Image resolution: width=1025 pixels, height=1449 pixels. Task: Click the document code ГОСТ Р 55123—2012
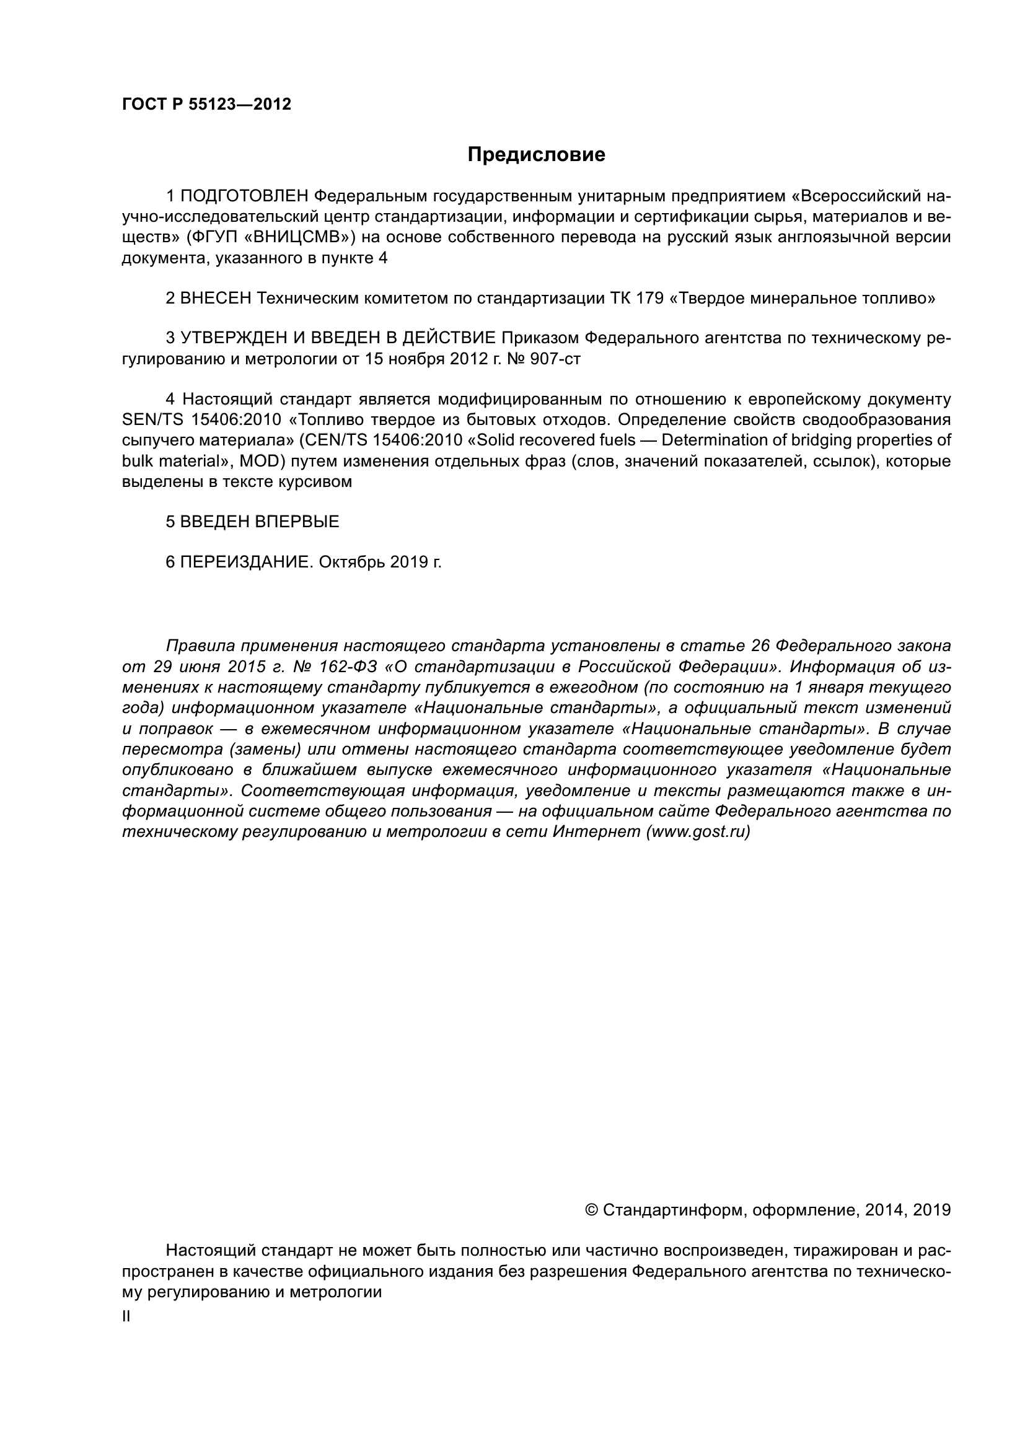[206, 105]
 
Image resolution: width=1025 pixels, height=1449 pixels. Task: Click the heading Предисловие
[536, 155]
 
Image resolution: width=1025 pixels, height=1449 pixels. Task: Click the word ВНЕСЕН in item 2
[216, 299]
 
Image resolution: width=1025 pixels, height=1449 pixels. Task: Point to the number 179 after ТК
[649, 299]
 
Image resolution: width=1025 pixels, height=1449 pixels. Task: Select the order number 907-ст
[555, 359]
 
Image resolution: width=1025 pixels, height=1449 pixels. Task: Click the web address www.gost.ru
[698, 833]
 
